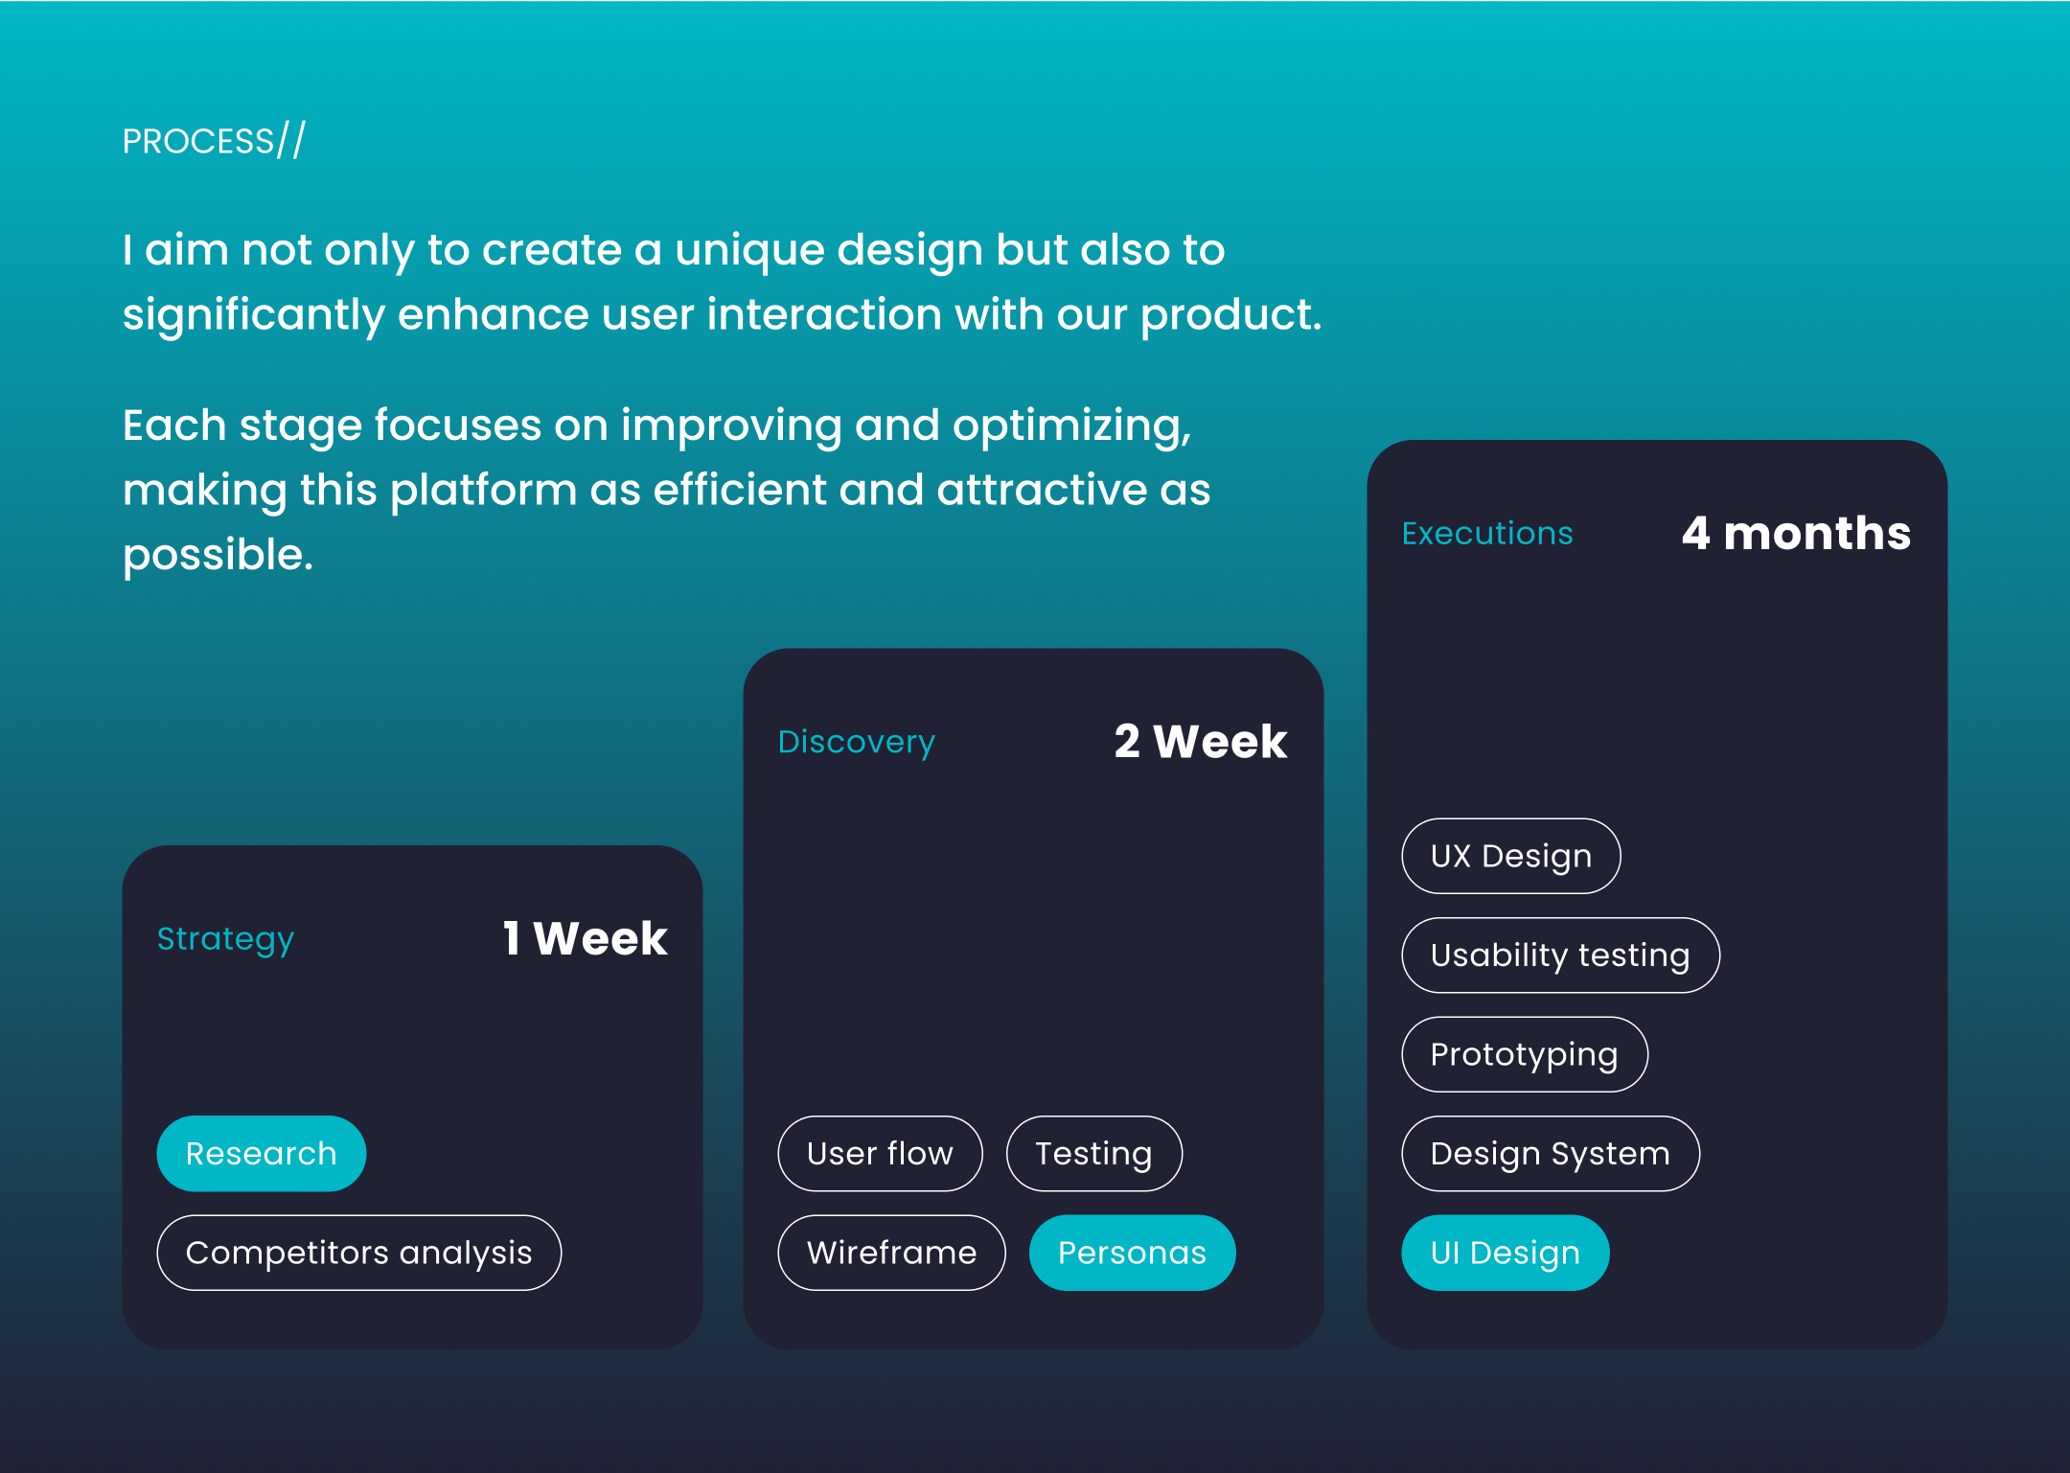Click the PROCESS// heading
tap(214, 141)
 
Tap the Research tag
tap(262, 1153)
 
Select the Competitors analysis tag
tap(359, 1253)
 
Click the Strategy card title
tap(225, 939)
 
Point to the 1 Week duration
tap(585, 938)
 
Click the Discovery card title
tap(856, 743)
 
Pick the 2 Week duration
tap(1201, 742)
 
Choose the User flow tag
tap(880, 1153)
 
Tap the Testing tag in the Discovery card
tap(1093, 1153)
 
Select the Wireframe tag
tap(891, 1253)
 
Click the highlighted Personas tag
tap(1132, 1253)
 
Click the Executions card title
tap(1487, 533)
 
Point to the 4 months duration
tap(1796, 533)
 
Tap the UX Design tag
tap(1511, 856)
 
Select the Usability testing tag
tap(1560, 955)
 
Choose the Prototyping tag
tap(1525, 1054)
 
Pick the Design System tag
tap(1551, 1153)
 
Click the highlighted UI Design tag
tap(1506, 1253)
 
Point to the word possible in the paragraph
tap(218, 556)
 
